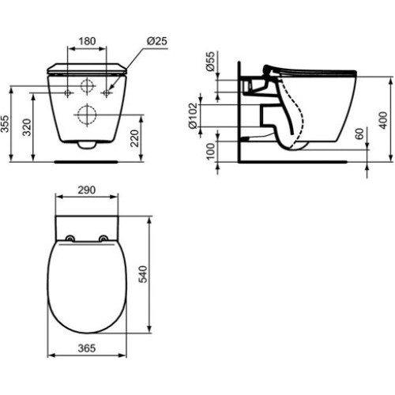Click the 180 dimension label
tap(87, 41)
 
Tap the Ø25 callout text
tap(157, 41)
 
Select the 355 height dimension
tap(5, 124)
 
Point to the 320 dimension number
tap(27, 127)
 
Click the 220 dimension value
tap(134, 138)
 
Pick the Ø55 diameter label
tap(211, 61)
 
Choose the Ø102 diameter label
tap(193, 115)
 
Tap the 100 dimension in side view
tap(211, 152)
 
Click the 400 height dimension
tap(383, 120)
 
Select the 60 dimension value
tap(359, 134)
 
